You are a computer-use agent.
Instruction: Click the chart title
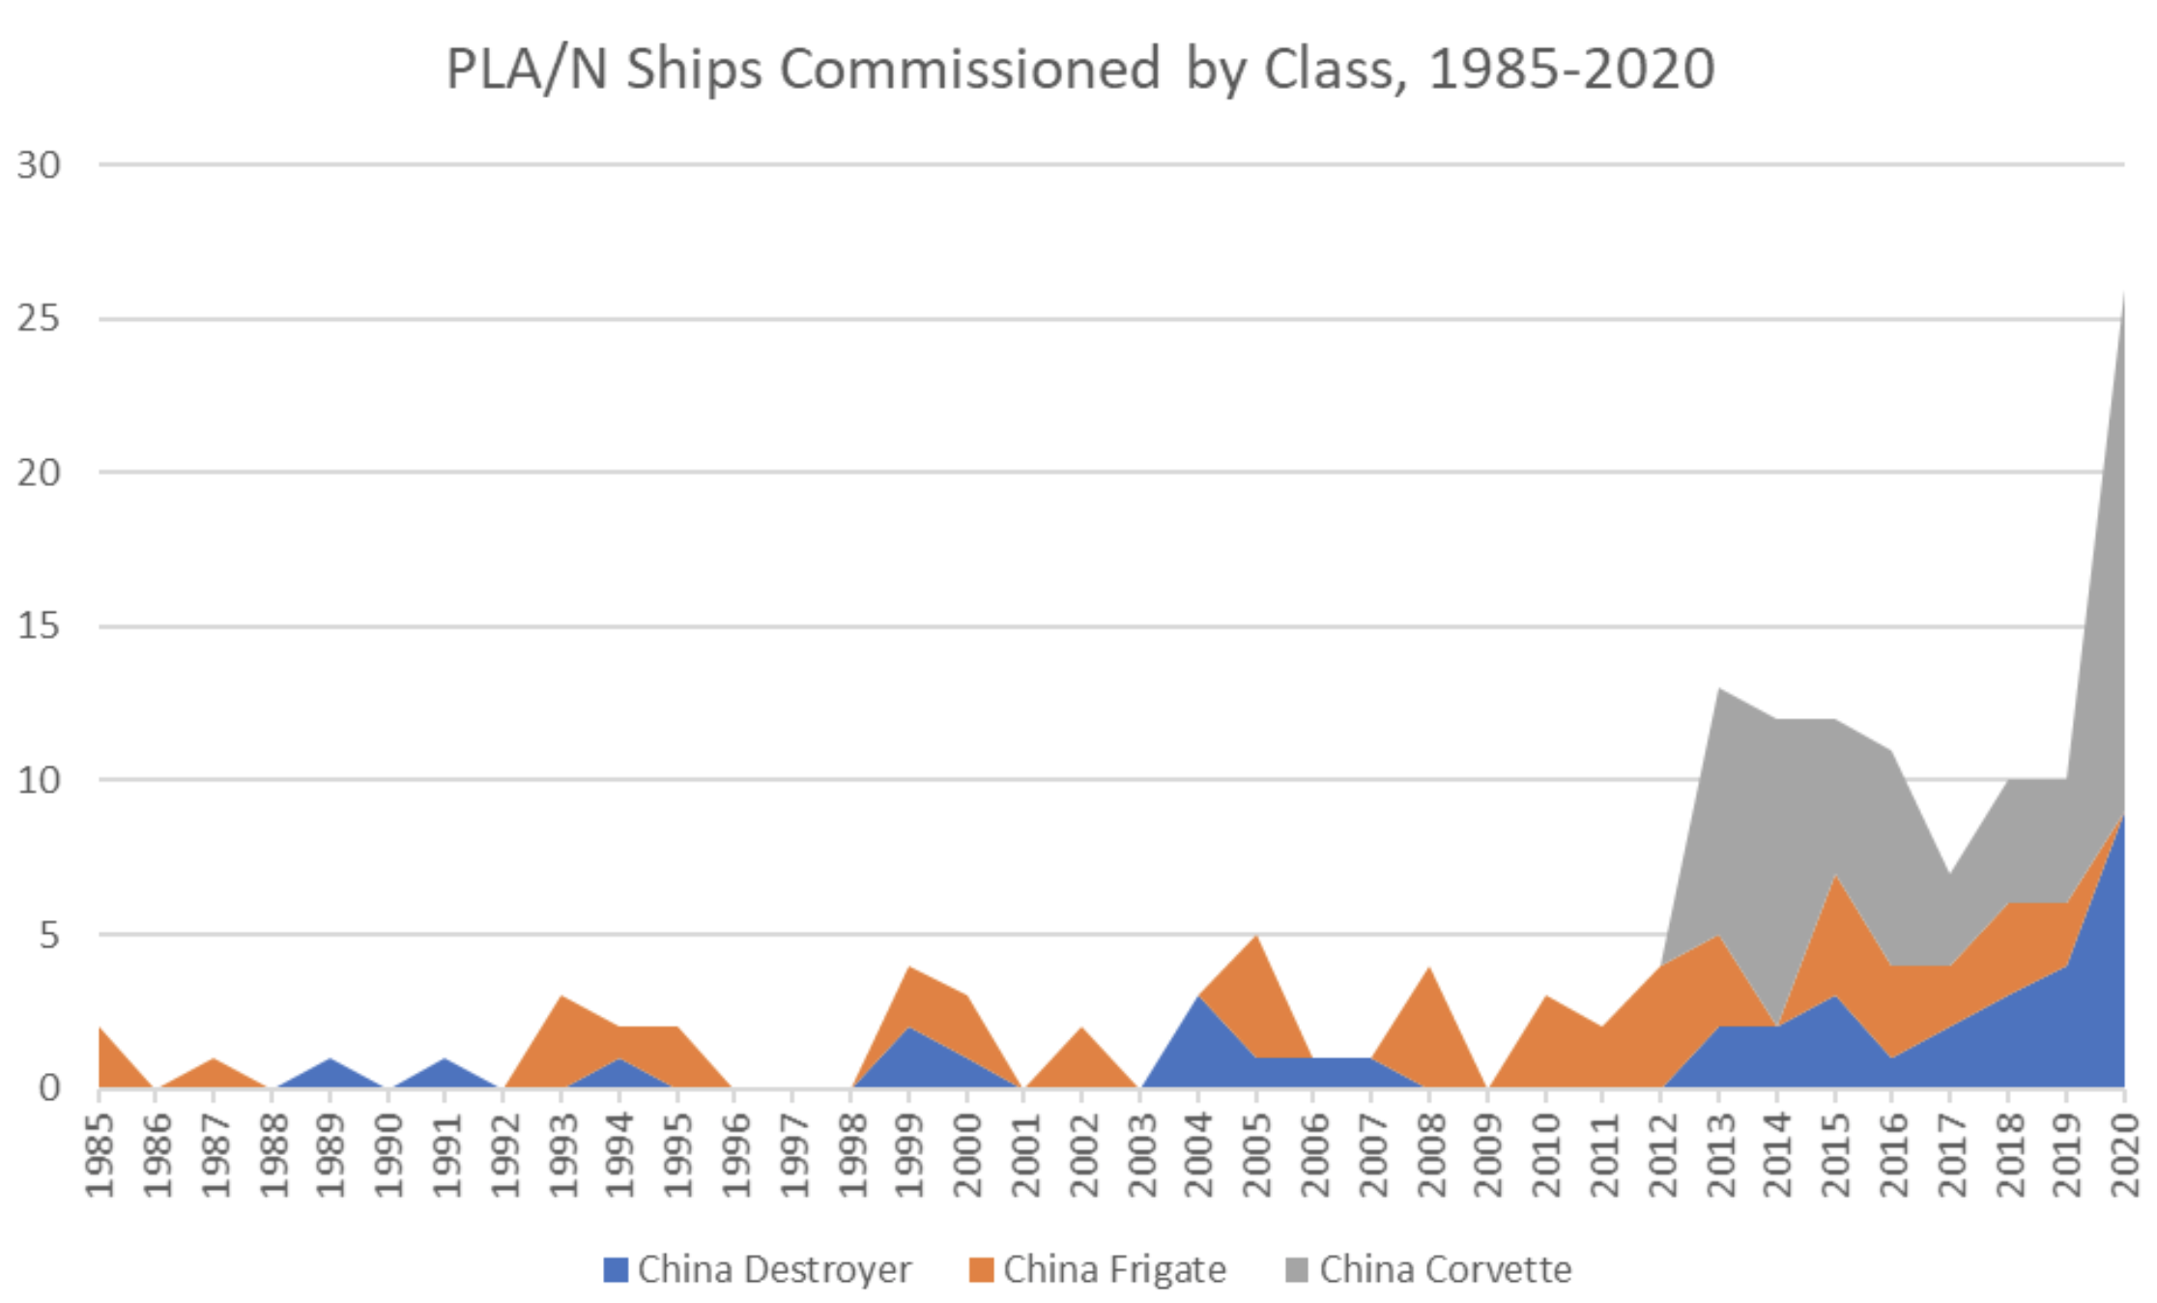[x=1079, y=70]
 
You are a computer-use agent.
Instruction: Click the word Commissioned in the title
[x=969, y=70]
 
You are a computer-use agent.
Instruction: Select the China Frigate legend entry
[x=1098, y=1269]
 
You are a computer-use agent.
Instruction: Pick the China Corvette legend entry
[x=1428, y=1269]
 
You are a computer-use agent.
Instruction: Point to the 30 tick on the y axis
[x=39, y=165]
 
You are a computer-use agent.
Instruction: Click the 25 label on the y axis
[x=39, y=319]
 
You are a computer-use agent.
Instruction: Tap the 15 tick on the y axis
[x=39, y=626]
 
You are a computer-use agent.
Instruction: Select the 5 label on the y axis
[x=48, y=935]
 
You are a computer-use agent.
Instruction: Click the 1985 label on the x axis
[x=100, y=1154]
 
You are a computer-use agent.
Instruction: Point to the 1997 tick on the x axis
[x=793, y=1154]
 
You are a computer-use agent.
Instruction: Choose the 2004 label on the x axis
[x=1198, y=1154]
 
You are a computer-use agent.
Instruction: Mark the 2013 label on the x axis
[x=1719, y=1154]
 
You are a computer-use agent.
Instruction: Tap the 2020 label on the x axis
[x=2124, y=1154]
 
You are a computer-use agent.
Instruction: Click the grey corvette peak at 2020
[x=2122, y=300]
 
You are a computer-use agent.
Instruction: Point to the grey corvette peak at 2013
[x=1720, y=692]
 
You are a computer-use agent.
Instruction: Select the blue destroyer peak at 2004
[x=1198, y=999]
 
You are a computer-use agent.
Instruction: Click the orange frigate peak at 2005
[x=1256, y=939]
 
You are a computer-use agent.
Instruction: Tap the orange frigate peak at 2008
[x=1429, y=970]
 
